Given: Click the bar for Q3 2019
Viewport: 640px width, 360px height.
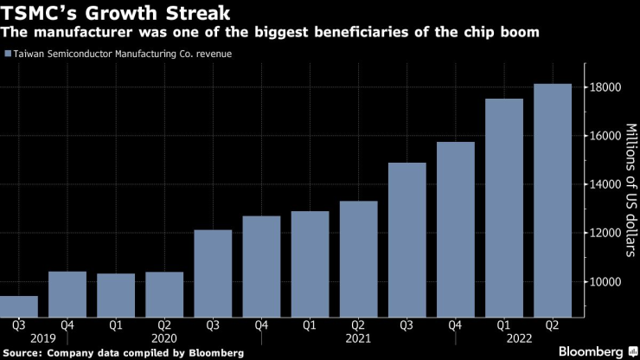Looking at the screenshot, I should click(18, 305).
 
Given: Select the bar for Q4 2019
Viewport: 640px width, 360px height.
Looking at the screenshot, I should click(67, 293).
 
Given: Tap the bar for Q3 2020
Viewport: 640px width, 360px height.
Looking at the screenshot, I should click(213, 273).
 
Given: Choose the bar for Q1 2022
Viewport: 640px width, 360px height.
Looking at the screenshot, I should click(504, 207).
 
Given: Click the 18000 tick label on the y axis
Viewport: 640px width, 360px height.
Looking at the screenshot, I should click(606, 87).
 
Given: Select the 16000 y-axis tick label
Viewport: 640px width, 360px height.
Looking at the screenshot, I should click(606, 136).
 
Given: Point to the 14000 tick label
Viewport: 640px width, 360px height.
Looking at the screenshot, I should click(606, 184).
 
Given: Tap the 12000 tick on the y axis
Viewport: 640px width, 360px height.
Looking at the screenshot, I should click(606, 233).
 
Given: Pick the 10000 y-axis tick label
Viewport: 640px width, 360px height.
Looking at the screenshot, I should click(606, 281).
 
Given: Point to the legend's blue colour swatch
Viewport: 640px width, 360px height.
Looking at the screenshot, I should click(8, 54).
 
